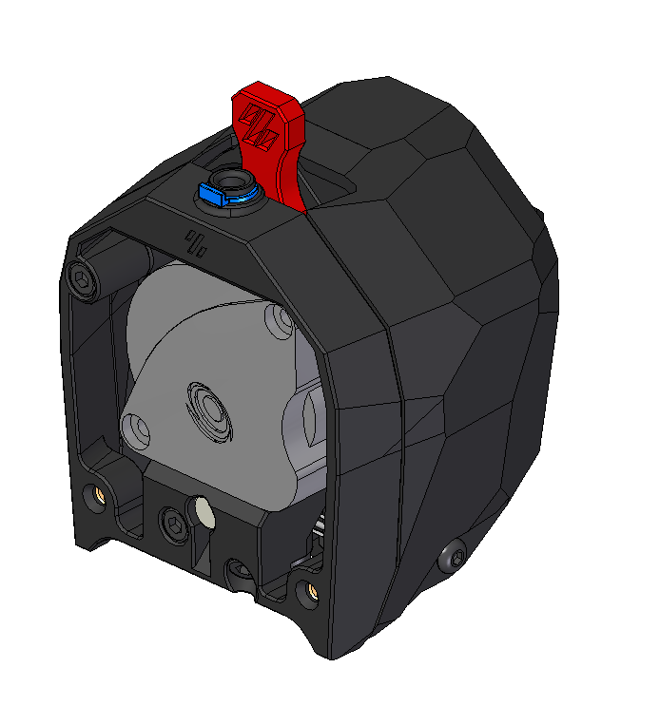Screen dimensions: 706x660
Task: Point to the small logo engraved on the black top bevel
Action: pos(198,242)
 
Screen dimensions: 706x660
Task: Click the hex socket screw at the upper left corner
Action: pos(83,279)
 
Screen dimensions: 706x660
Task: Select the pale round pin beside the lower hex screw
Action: pos(204,514)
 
